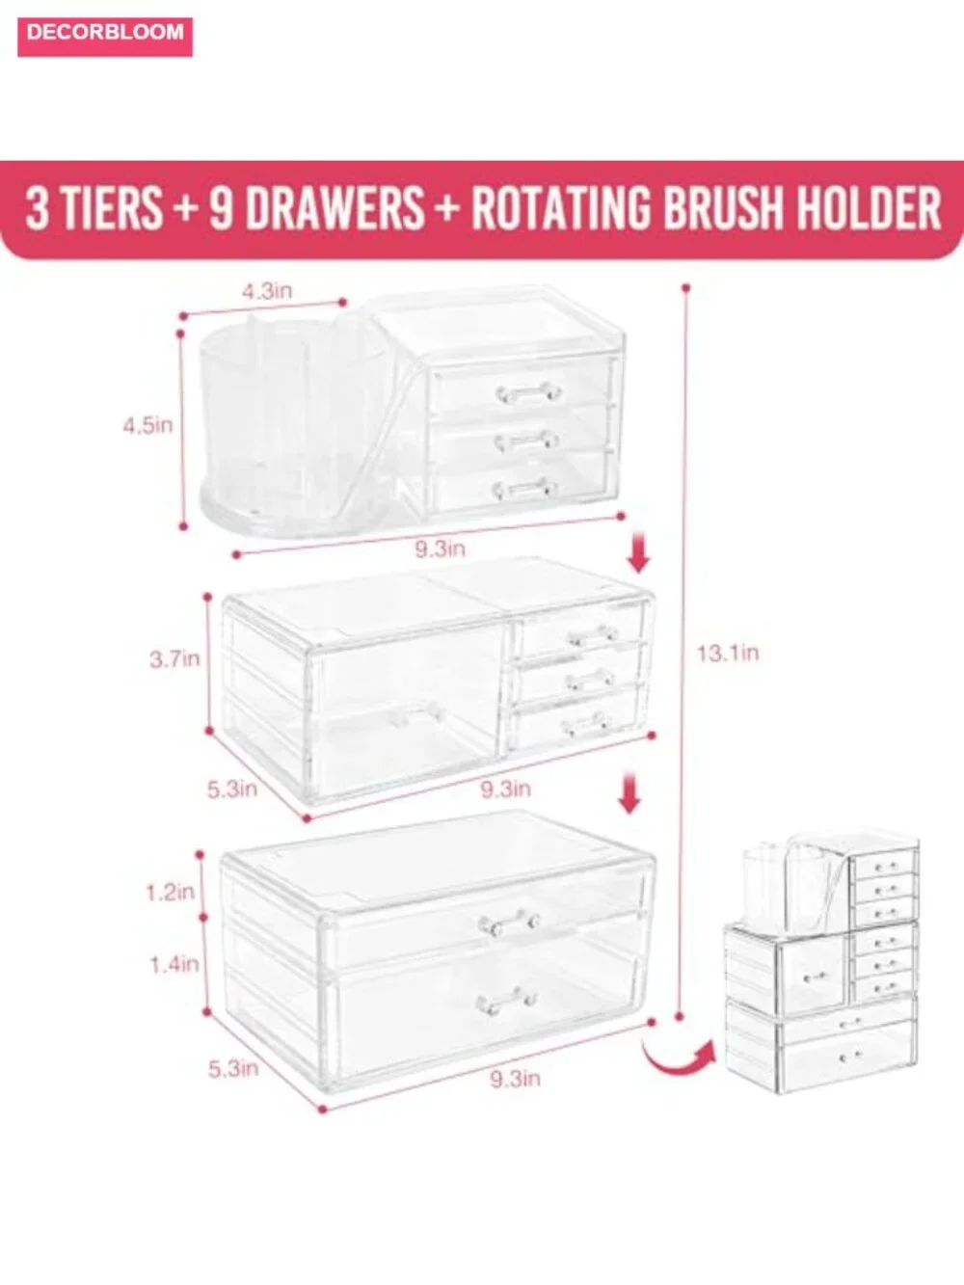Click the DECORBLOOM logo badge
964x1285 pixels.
[105, 37]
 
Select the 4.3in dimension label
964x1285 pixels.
[267, 291]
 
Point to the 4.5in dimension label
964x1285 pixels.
[147, 425]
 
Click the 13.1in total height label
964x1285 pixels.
[728, 653]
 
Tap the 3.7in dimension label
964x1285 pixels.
[174, 659]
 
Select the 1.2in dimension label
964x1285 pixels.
[170, 893]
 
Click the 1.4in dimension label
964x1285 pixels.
[174, 965]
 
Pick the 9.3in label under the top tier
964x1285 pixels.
[441, 549]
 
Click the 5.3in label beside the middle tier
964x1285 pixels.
[231, 790]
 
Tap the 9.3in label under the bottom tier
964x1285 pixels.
[515, 1079]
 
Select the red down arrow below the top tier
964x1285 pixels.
[638, 552]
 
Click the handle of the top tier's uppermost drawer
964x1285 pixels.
[528, 392]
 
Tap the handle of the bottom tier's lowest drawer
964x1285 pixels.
[506, 1003]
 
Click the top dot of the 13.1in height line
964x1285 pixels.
[686, 287]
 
